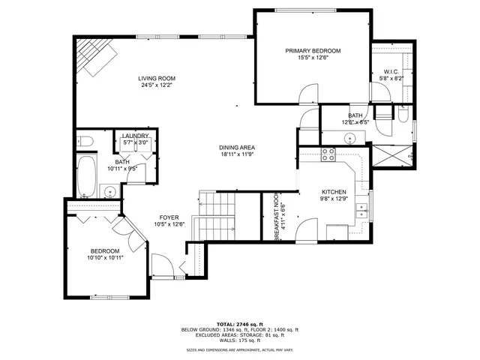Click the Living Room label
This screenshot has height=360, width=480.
[x=157, y=78]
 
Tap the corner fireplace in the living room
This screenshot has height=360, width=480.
[x=94, y=57]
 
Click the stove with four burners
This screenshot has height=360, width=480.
[x=328, y=155]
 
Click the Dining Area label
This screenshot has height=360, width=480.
[x=235, y=148]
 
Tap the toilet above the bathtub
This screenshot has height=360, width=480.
[x=85, y=140]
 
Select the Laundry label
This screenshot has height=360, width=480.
[x=136, y=136]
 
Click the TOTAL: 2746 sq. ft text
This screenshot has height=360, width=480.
[x=240, y=323]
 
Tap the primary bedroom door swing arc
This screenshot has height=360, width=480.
[x=306, y=94]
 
